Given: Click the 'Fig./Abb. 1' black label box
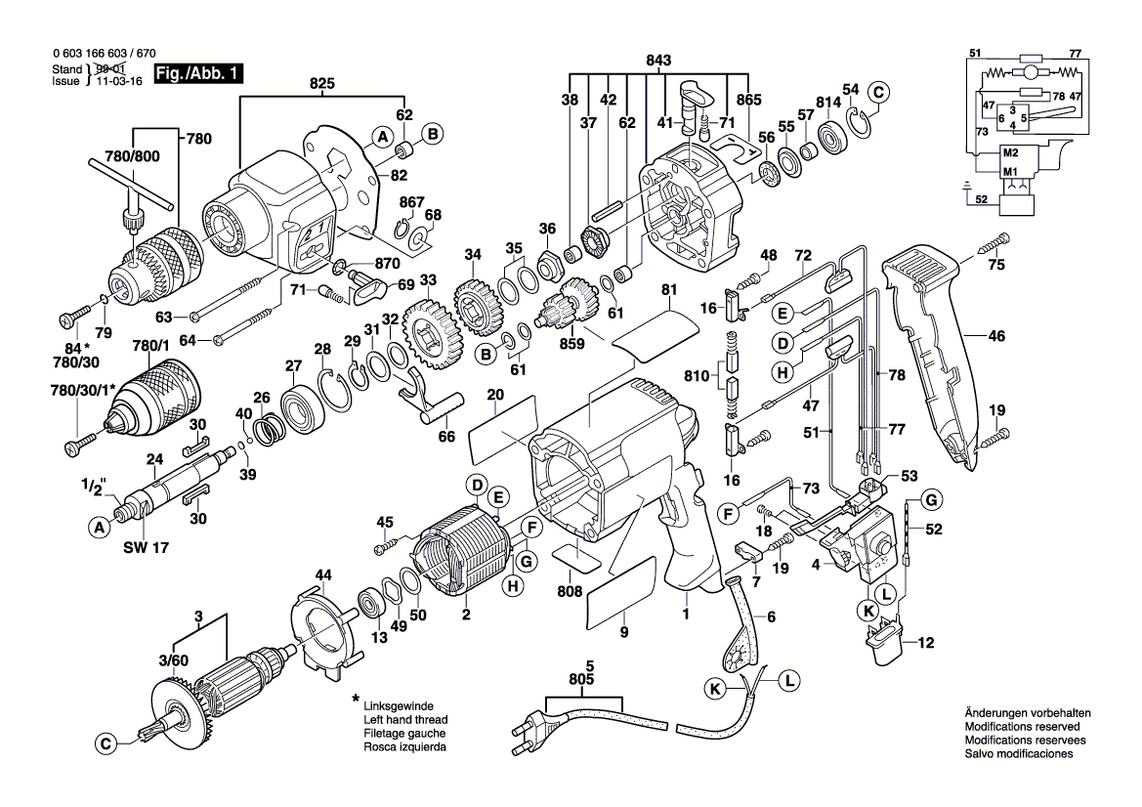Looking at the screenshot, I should click(198, 74).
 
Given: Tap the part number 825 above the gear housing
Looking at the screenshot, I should click(322, 85).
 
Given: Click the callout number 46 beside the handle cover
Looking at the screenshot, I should click(995, 336).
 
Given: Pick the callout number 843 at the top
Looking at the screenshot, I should click(660, 62).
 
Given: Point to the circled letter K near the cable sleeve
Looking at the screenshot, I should click(717, 689).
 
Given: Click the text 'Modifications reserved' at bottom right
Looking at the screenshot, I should click(1021, 728).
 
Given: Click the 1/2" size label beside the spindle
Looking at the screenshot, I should click(94, 485).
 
